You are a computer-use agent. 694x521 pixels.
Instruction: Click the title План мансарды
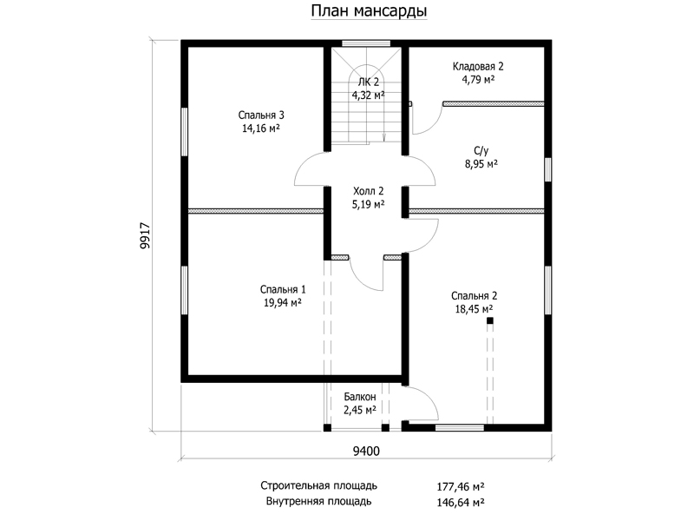coord(369,10)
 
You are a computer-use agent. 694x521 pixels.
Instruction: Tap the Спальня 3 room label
coord(261,115)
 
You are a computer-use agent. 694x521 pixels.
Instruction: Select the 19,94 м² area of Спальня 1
coord(283,303)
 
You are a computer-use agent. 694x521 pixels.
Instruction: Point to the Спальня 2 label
coord(474,296)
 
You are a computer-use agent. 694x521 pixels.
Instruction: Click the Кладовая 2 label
coord(478,67)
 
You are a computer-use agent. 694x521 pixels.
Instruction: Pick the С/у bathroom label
coord(481,151)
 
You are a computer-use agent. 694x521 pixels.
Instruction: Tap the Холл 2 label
coord(368,191)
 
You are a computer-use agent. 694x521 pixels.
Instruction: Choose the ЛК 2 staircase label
coord(368,82)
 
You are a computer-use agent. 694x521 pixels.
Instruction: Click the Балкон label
coord(360,397)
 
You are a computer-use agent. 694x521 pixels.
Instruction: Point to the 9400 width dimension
coord(366,451)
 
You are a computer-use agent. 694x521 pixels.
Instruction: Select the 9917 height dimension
coord(145,235)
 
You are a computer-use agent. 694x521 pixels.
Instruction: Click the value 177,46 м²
coord(461,487)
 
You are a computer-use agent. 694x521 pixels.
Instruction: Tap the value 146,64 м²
coord(461,503)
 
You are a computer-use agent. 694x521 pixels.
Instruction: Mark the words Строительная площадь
coord(318,486)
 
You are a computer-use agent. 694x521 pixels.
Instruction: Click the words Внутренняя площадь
coord(318,502)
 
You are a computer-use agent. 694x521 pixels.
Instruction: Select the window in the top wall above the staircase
coord(366,43)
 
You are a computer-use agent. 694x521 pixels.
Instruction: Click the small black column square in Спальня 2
coord(489,320)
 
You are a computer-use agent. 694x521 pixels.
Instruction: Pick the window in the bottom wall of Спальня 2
coord(460,428)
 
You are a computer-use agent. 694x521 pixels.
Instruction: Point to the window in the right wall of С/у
coord(548,169)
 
